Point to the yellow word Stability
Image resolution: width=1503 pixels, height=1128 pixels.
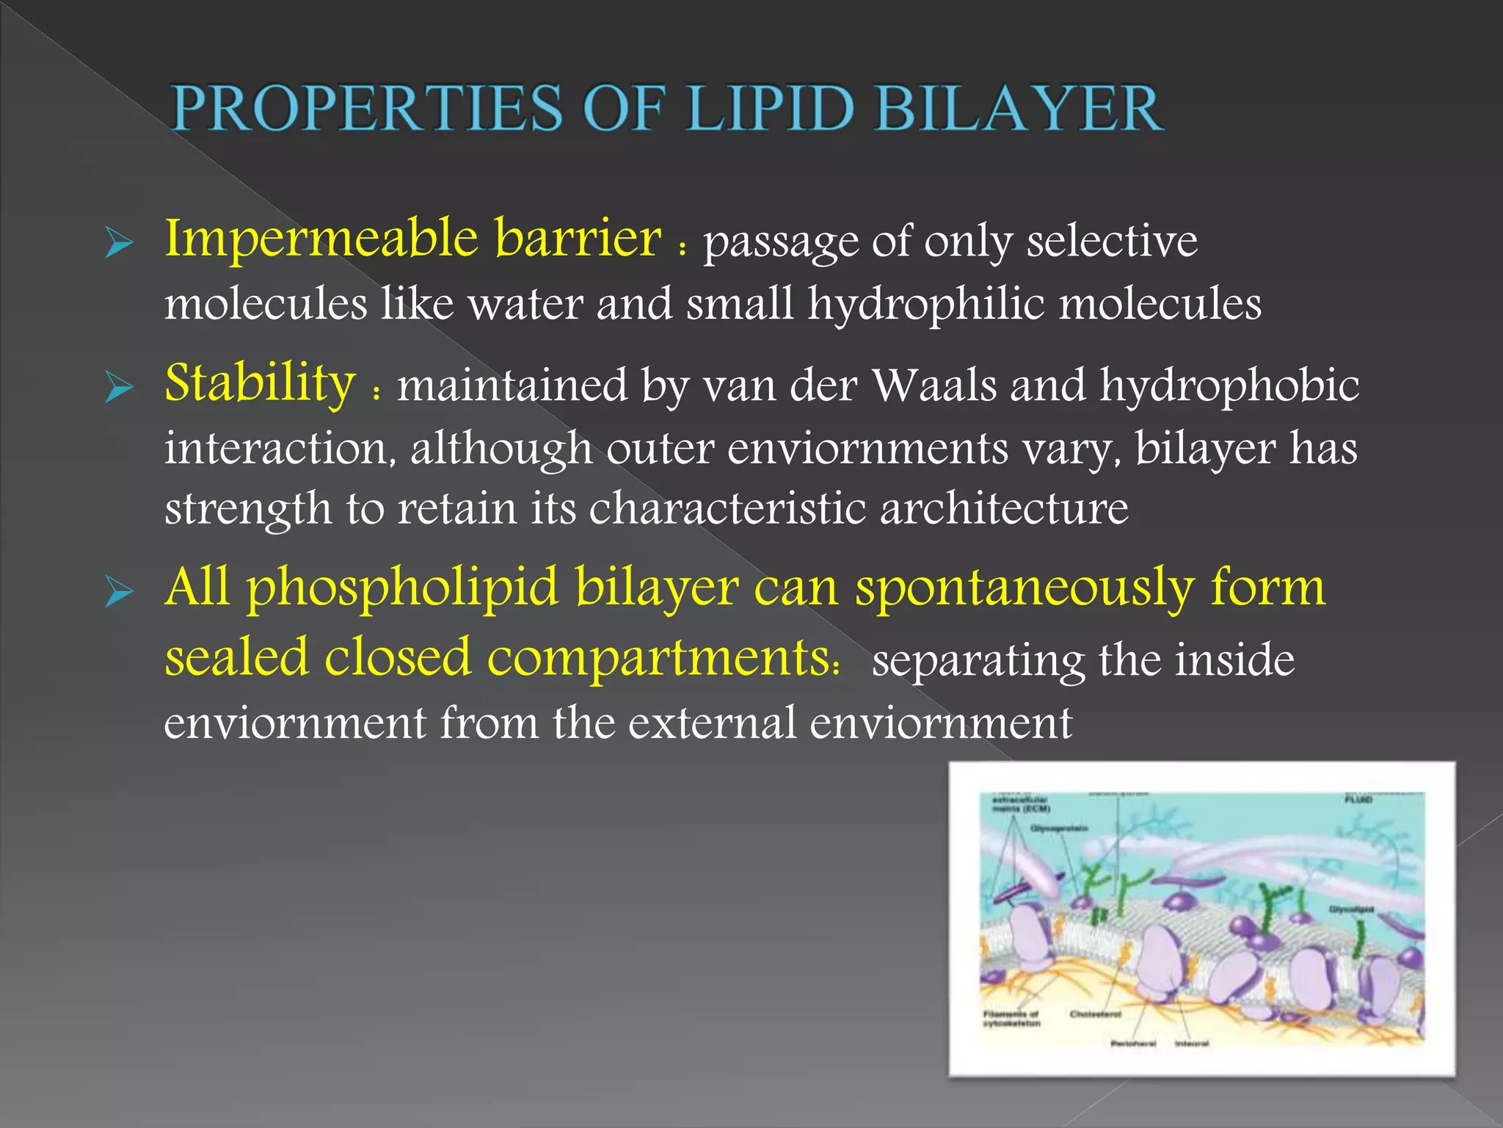260,383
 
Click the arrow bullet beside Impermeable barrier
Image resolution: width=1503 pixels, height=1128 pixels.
119,242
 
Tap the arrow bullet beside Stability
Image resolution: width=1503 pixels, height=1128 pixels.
119,386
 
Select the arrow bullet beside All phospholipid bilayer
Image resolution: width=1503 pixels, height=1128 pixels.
119,590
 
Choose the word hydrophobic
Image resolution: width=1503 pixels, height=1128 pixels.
1229,385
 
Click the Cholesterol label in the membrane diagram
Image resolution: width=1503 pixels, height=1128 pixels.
1095,1014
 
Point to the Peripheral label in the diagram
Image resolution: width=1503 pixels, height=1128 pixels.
1133,1043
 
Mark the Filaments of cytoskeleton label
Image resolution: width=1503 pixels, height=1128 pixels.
1011,1019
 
